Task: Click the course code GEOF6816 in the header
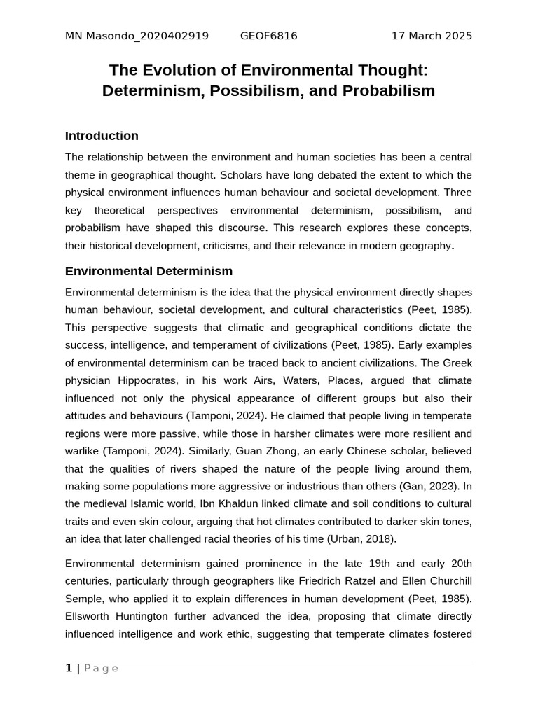268,36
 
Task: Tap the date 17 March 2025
432,36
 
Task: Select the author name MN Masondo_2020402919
137,36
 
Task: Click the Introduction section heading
102,136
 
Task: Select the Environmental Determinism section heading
149,271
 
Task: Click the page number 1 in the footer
69,669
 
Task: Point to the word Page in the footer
102,669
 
